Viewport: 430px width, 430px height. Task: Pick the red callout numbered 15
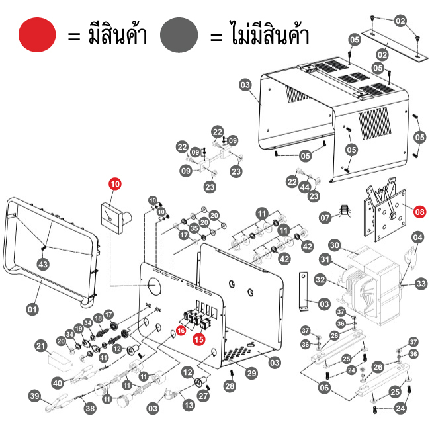click(198, 339)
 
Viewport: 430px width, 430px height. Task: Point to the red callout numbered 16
click(181, 330)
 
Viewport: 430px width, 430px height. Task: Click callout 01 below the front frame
click(31, 308)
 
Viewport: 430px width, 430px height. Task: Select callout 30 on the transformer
click(335, 245)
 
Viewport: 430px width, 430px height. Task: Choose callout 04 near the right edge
click(417, 237)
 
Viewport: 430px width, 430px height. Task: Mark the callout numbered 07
click(325, 217)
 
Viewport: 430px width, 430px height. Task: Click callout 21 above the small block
click(40, 346)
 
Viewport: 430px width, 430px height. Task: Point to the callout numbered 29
click(251, 374)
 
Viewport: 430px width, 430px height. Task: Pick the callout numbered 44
click(304, 188)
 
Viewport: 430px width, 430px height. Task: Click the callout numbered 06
click(324, 388)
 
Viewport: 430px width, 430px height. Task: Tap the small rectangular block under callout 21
click(62, 360)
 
